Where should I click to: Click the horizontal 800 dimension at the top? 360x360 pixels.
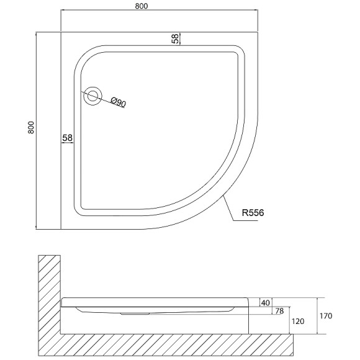(x=141, y=6)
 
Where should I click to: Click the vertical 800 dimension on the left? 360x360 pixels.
(x=31, y=127)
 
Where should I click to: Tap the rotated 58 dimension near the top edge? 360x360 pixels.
(x=175, y=38)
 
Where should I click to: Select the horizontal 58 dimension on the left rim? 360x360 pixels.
(x=67, y=138)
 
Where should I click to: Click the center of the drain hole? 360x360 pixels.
(x=92, y=96)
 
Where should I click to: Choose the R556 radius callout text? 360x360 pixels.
(x=253, y=213)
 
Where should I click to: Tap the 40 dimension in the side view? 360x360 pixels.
(x=266, y=303)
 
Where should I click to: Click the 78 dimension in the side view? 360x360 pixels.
(x=279, y=311)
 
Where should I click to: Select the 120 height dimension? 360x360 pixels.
(x=298, y=321)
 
